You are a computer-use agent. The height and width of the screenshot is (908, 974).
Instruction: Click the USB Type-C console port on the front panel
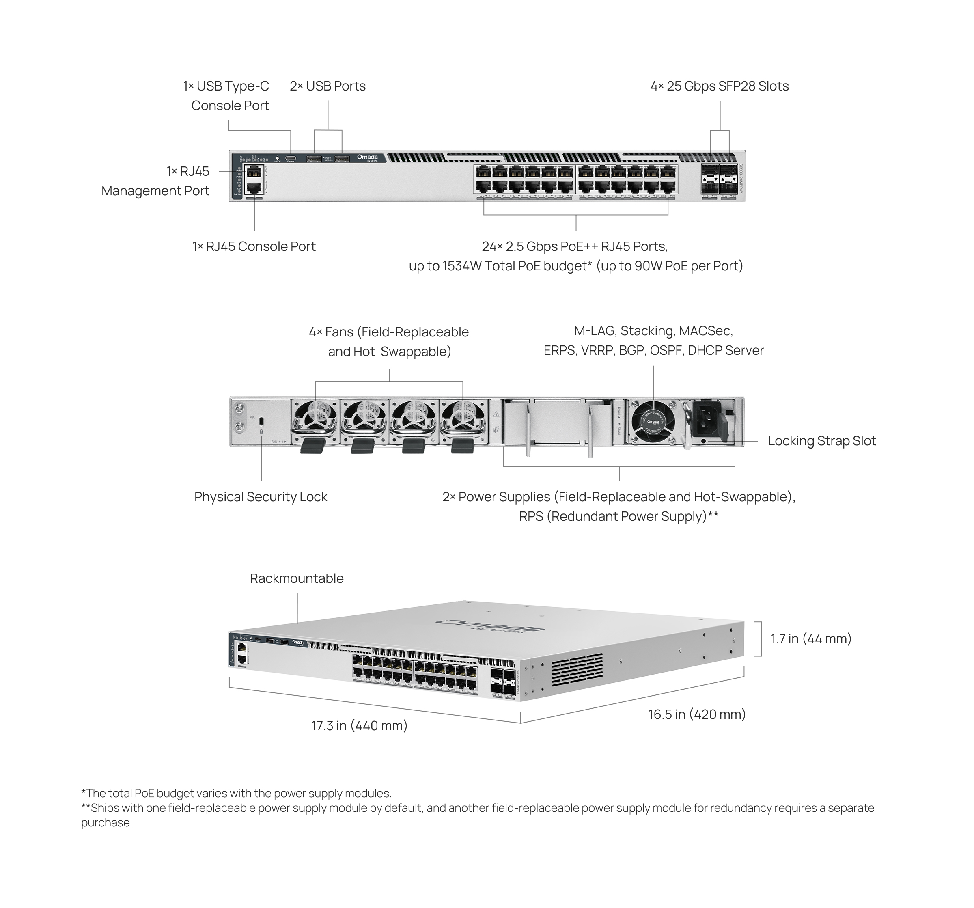click(x=291, y=158)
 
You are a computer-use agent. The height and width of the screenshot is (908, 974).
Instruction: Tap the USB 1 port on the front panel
click(x=314, y=158)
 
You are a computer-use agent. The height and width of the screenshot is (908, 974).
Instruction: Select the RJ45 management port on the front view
click(x=253, y=172)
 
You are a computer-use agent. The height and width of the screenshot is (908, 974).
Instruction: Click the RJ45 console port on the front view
click(x=253, y=187)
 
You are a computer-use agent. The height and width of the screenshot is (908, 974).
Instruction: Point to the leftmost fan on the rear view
click(x=315, y=421)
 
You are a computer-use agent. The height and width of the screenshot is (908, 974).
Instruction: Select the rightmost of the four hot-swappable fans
click(x=463, y=421)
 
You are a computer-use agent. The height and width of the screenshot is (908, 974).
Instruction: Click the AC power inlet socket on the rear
click(x=707, y=421)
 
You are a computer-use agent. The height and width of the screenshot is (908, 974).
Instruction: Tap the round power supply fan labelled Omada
click(x=653, y=421)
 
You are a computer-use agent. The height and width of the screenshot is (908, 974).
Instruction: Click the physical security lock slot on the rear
click(x=261, y=421)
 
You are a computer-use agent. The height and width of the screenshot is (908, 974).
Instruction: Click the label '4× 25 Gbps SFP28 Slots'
click(x=719, y=86)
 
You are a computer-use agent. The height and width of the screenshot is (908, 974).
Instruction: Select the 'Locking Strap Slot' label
click(x=822, y=441)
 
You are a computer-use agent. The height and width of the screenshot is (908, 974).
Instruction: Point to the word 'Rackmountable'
click(x=296, y=579)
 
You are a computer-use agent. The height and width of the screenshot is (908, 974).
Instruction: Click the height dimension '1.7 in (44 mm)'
click(x=811, y=639)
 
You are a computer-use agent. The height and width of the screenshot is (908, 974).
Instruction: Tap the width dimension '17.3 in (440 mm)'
click(x=360, y=726)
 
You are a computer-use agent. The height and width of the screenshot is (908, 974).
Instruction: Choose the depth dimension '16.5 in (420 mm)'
click(x=697, y=714)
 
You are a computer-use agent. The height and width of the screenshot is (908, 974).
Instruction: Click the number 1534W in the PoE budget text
click(x=459, y=266)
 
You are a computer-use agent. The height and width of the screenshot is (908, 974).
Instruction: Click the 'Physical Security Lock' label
click(x=261, y=497)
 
